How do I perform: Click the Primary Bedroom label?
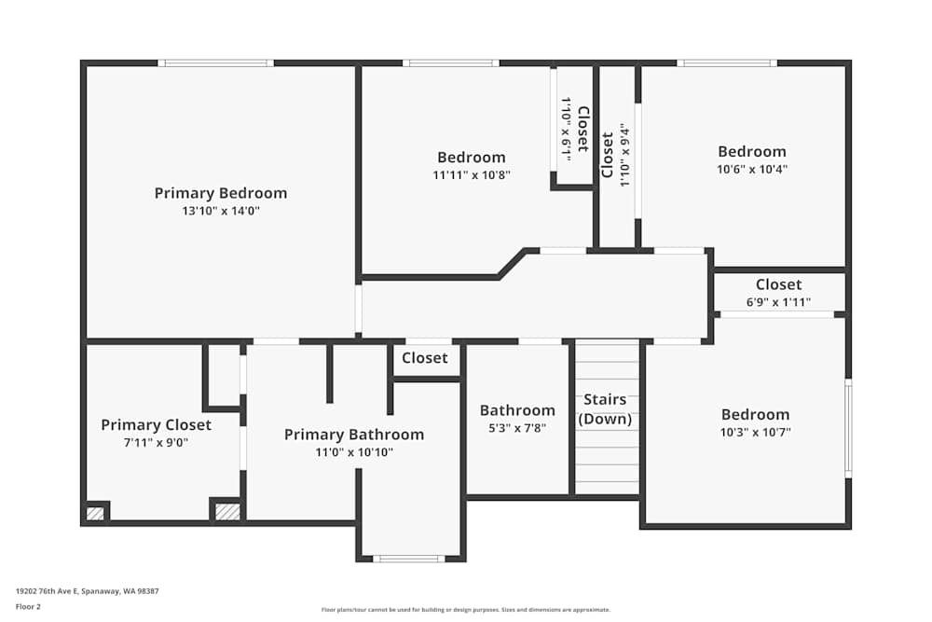pyautogui.click(x=221, y=193)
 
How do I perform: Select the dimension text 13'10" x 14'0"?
pyautogui.click(x=221, y=212)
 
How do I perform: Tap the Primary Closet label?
pyautogui.click(x=156, y=424)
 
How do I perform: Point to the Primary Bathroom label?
pyautogui.click(x=353, y=435)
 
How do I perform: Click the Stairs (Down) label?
pyautogui.click(x=605, y=409)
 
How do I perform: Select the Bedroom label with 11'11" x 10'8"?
pyautogui.click(x=472, y=157)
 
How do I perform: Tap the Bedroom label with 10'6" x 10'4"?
pyautogui.click(x=751, y=151)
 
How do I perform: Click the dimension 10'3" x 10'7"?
pyautogui.click(x=755, y=432)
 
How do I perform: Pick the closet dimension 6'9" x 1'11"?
pyautogui.click(x=778, y=302)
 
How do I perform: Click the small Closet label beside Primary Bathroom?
pyautogui.click(x=425, y=358)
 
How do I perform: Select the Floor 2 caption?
pyautogui.click(x=28, y=606)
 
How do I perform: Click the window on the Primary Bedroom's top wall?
pyautogui.click(x=215, y=63)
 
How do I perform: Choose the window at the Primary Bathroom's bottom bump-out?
pyautogui.click(x=408, y=559)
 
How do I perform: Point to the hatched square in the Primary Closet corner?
pyautogui.click(x=94, y=513)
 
